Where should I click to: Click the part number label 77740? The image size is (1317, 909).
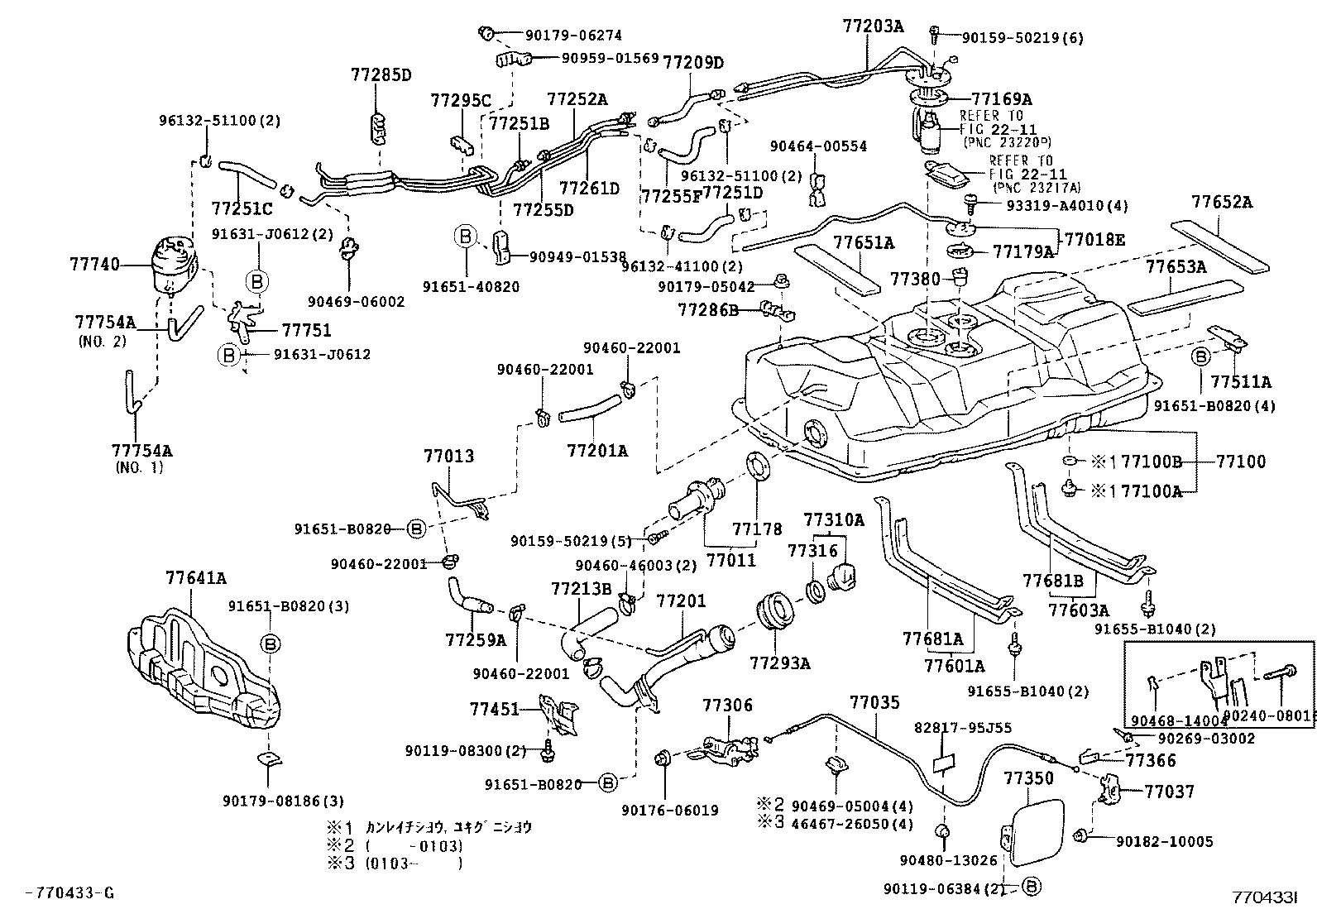(x=94, y=265)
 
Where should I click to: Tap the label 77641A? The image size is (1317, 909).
(x=195, y=578)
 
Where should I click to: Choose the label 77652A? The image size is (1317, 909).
(x=1222, y=203)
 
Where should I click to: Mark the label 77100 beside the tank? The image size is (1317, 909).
(x=1241, y=462)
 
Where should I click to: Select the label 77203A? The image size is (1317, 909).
(x=874, y=26)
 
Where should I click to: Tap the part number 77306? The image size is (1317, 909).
(x=728, y=705)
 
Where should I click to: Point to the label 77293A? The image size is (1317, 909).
(x=780, y=663)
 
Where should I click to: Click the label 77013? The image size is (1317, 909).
(x=449, y=456)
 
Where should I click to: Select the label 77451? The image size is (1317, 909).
(x=495, y=709)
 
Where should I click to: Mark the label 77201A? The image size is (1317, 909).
(x=597, y=451)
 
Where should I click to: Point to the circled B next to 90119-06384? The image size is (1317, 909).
(x=1032, y=887)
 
